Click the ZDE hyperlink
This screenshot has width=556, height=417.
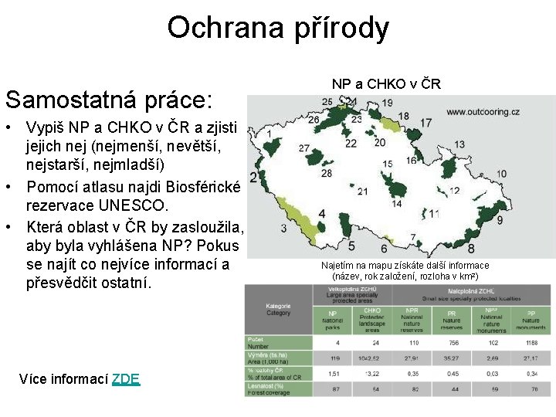126,378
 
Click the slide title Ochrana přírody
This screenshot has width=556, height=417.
278,28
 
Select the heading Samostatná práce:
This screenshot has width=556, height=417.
108,100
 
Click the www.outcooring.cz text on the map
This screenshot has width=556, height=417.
483,111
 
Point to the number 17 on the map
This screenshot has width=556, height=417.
425,123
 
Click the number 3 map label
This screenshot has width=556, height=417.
284,229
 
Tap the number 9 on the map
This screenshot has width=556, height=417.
500,221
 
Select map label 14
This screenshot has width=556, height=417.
397,205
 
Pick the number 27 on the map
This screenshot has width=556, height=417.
304,147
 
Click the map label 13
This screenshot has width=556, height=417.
459,144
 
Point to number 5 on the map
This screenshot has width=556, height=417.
351,246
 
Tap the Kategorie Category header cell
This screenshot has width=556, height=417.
279,310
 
